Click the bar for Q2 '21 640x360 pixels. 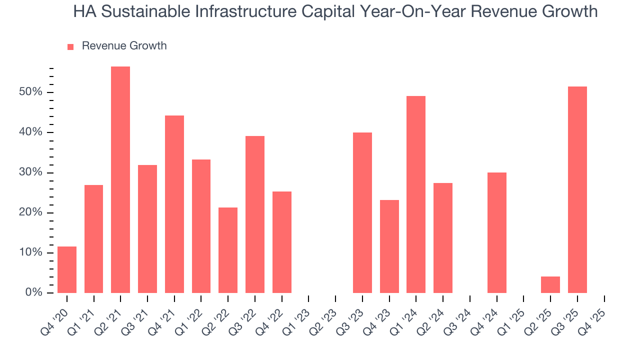120,180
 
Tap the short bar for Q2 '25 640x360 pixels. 550,284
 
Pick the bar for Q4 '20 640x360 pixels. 67,269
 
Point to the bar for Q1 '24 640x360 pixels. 416,194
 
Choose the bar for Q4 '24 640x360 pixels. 497,232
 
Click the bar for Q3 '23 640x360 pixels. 362,212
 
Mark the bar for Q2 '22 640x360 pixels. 228,250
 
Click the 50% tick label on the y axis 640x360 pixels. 30,92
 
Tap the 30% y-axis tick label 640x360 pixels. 30,172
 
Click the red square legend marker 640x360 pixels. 70,46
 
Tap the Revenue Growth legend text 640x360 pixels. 124,46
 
